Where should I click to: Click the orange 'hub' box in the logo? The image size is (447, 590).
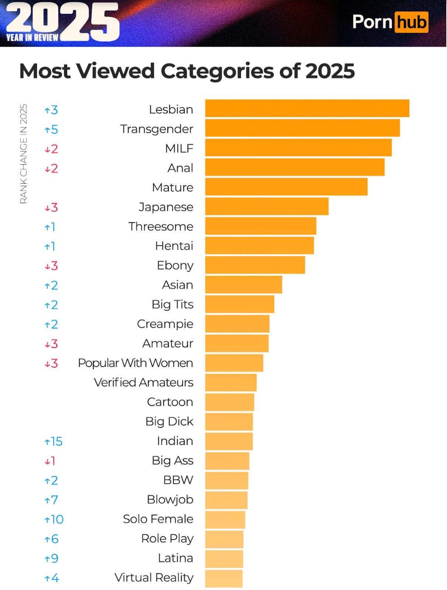point(411,22)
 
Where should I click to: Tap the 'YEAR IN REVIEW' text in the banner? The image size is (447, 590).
point(32,38)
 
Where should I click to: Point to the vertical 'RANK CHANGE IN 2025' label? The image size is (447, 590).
point(24,153)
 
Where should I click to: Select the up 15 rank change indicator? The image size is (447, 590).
point(53,441)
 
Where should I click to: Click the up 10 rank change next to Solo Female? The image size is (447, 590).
point(54,520)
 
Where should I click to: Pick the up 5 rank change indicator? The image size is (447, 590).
point(51,129)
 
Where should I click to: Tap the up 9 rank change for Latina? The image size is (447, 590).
point(51,559)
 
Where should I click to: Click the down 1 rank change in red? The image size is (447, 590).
point(50,461)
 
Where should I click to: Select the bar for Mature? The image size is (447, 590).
point(286,187)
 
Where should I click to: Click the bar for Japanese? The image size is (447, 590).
point(267,206)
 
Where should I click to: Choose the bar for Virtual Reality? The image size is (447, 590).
point(224,578)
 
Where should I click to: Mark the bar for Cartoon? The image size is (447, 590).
point(229,402)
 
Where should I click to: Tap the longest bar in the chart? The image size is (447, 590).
point(307,108)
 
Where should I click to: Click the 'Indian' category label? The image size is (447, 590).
point(175,441)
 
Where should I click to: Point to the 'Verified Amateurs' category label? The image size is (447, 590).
point(143,382)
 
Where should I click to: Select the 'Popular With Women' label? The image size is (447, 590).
point(135,363)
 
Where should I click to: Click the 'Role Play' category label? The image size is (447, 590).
point(167,539)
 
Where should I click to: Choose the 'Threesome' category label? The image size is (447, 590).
point(160,226)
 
